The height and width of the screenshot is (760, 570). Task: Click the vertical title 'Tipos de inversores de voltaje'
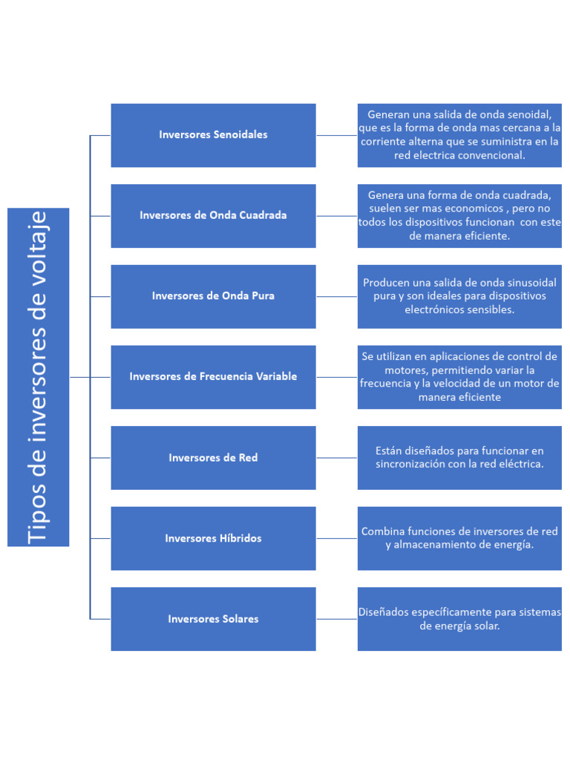pos(39,377)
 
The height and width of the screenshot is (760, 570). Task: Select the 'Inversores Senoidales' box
pos(213,135)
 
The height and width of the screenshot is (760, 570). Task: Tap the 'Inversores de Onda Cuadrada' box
pos(213,215)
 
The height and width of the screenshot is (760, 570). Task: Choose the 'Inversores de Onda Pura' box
pos(213,296)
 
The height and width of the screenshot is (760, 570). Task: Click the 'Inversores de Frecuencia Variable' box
pos(213,377)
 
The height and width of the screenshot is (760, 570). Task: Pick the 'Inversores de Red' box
pos(213,458)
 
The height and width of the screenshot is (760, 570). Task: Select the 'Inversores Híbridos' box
pos(213,538)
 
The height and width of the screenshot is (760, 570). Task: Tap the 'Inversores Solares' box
pos(213,619)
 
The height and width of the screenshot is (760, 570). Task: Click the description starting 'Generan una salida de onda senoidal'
pos(459,135)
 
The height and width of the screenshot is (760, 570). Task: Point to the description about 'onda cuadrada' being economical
pos(459,215)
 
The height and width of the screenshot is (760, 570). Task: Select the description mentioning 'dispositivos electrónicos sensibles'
pos(459,296)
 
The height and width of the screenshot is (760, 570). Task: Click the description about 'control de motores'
pos(459,377)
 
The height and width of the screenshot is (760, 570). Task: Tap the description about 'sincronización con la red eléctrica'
pos(459,458)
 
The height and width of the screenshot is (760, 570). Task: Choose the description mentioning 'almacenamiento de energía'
pos(459,538)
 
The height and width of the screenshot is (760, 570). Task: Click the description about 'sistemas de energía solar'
pos(459,619)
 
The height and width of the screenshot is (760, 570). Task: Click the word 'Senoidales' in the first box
pos(240,135)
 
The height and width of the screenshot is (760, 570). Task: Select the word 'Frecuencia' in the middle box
pos(227,377)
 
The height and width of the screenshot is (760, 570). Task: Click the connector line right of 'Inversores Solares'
pos(336,619)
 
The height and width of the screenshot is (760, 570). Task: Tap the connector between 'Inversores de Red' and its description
pos(336,458)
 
